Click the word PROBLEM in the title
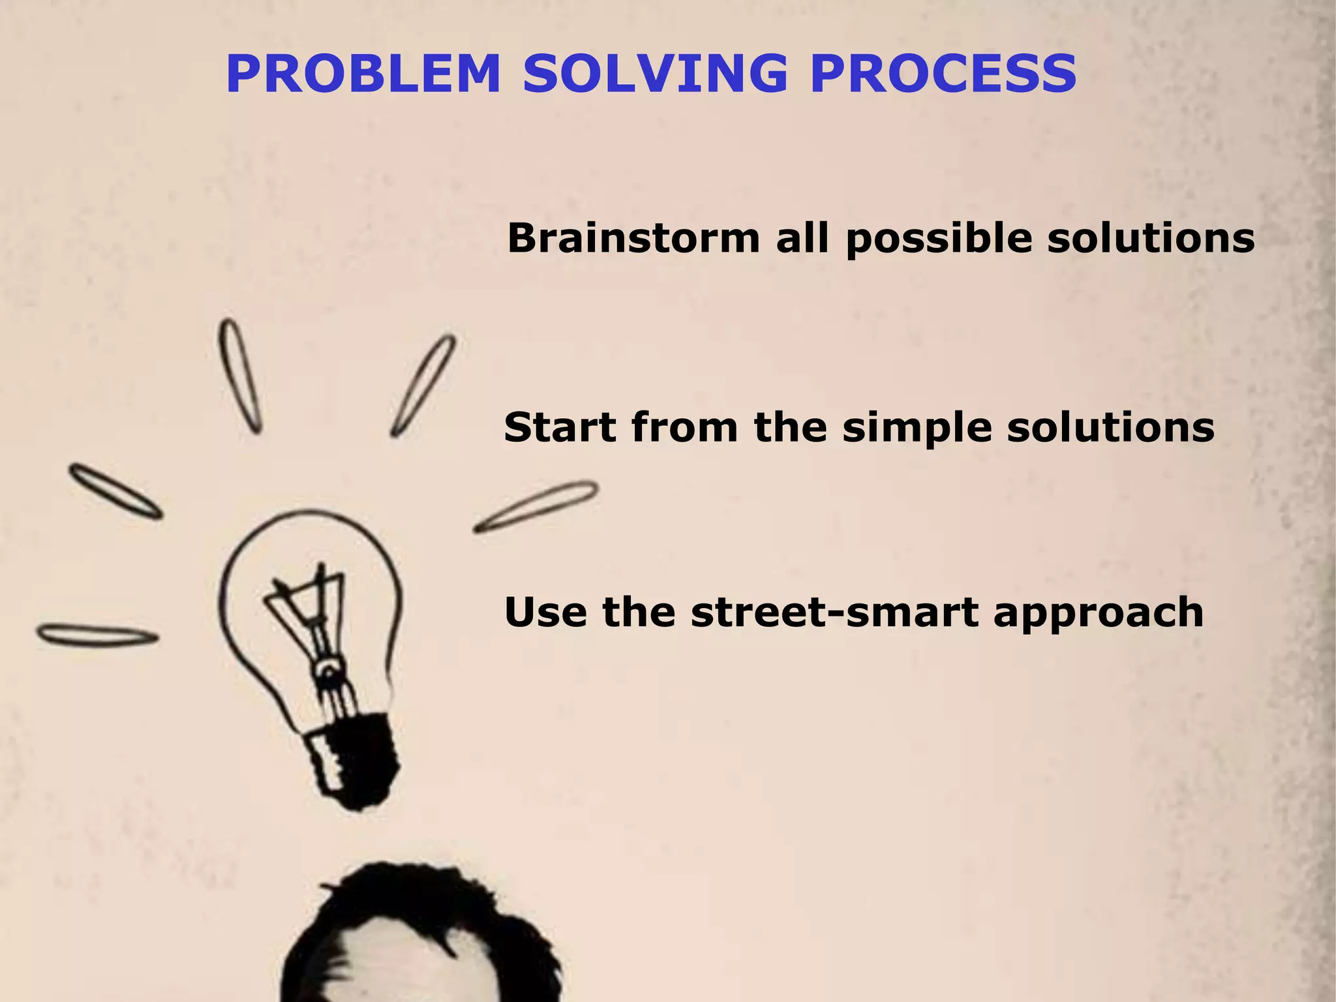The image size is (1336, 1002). (363, 74)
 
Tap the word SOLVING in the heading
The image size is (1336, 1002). (655, 74)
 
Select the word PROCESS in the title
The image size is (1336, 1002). (943, 74)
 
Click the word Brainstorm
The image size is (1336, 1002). (633, 238)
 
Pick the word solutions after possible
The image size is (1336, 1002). (1151, 238)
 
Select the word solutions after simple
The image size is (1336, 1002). (1110, 428)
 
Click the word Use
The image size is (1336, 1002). (545, 613)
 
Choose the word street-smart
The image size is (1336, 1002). (835, 613)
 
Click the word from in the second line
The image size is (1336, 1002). (685, 428)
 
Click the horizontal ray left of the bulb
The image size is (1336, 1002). (98, 634)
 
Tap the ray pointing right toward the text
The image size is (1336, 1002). (535, 507)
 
